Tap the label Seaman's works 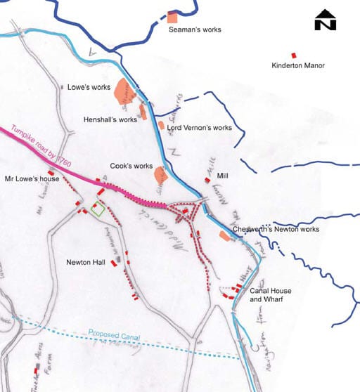click(x=193, y=31)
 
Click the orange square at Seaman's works click(x=172, y=16)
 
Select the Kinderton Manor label click(x=300, y=66)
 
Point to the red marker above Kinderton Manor click(x=293, y=55)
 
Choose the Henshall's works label click(x=110, y=119)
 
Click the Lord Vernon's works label click(x=199, y=128)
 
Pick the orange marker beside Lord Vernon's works click(x=161, y=125)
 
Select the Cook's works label click(x=131, y=166)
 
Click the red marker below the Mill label click(x=207, y=181)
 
